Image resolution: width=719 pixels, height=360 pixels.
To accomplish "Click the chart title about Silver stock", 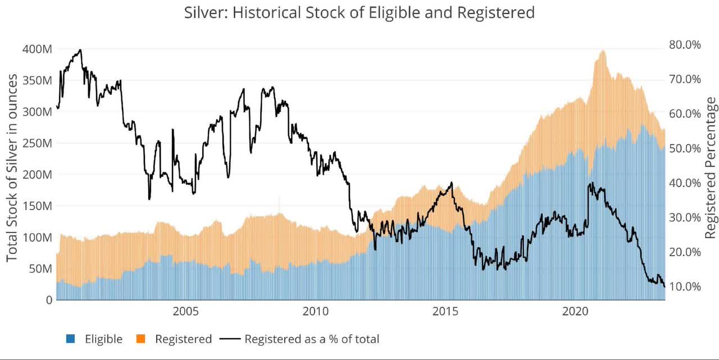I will click(359, 12).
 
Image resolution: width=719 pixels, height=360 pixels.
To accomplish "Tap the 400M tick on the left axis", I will click(37, 49).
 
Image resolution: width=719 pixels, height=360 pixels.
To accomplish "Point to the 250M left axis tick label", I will click(37, 143).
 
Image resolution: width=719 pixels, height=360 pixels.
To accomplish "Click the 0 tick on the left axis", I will click(49, 300).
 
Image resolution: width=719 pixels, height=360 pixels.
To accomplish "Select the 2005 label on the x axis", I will click(186, 311).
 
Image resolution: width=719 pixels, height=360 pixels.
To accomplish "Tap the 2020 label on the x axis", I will click(576, 311).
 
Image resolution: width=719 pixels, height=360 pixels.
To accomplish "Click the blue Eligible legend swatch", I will click(71, 339).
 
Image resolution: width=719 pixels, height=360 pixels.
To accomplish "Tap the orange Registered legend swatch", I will click(141, 339).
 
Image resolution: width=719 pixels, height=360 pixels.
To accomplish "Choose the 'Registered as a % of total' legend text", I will click(312, 339).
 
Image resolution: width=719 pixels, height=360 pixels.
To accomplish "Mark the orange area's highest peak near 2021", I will click(603, 51).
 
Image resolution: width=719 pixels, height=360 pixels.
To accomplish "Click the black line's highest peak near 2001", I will click(80, 50).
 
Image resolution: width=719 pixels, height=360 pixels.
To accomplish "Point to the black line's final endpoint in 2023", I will click(665, 287).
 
